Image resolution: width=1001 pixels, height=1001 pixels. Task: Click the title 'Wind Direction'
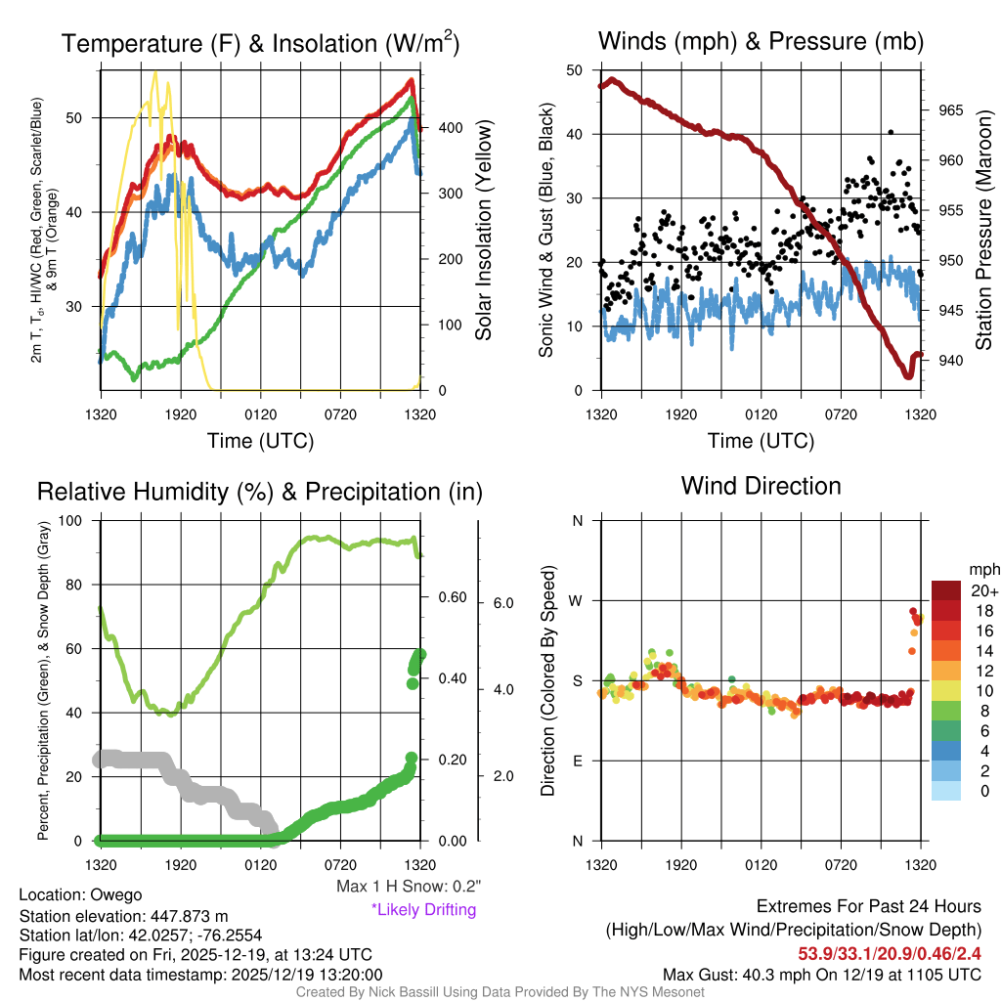coord(761,486)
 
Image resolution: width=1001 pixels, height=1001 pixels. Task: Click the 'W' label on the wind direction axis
coord(577,600)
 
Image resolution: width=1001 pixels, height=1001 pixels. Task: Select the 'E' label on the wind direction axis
coord(577,761)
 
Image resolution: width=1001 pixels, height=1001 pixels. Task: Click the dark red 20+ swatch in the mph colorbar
coord(947,590)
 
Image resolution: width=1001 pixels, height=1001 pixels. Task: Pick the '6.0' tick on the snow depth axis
coord(504,603)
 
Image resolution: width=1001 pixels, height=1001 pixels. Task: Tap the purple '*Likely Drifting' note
coord(423,909)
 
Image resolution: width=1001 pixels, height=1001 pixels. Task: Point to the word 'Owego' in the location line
coord(116,894)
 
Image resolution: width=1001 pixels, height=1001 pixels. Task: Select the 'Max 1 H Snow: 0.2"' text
coord(408,887)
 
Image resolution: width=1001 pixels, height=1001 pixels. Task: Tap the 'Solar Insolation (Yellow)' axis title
coord(483,230)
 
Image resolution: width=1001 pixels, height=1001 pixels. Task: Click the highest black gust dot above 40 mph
coord(891,132)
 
